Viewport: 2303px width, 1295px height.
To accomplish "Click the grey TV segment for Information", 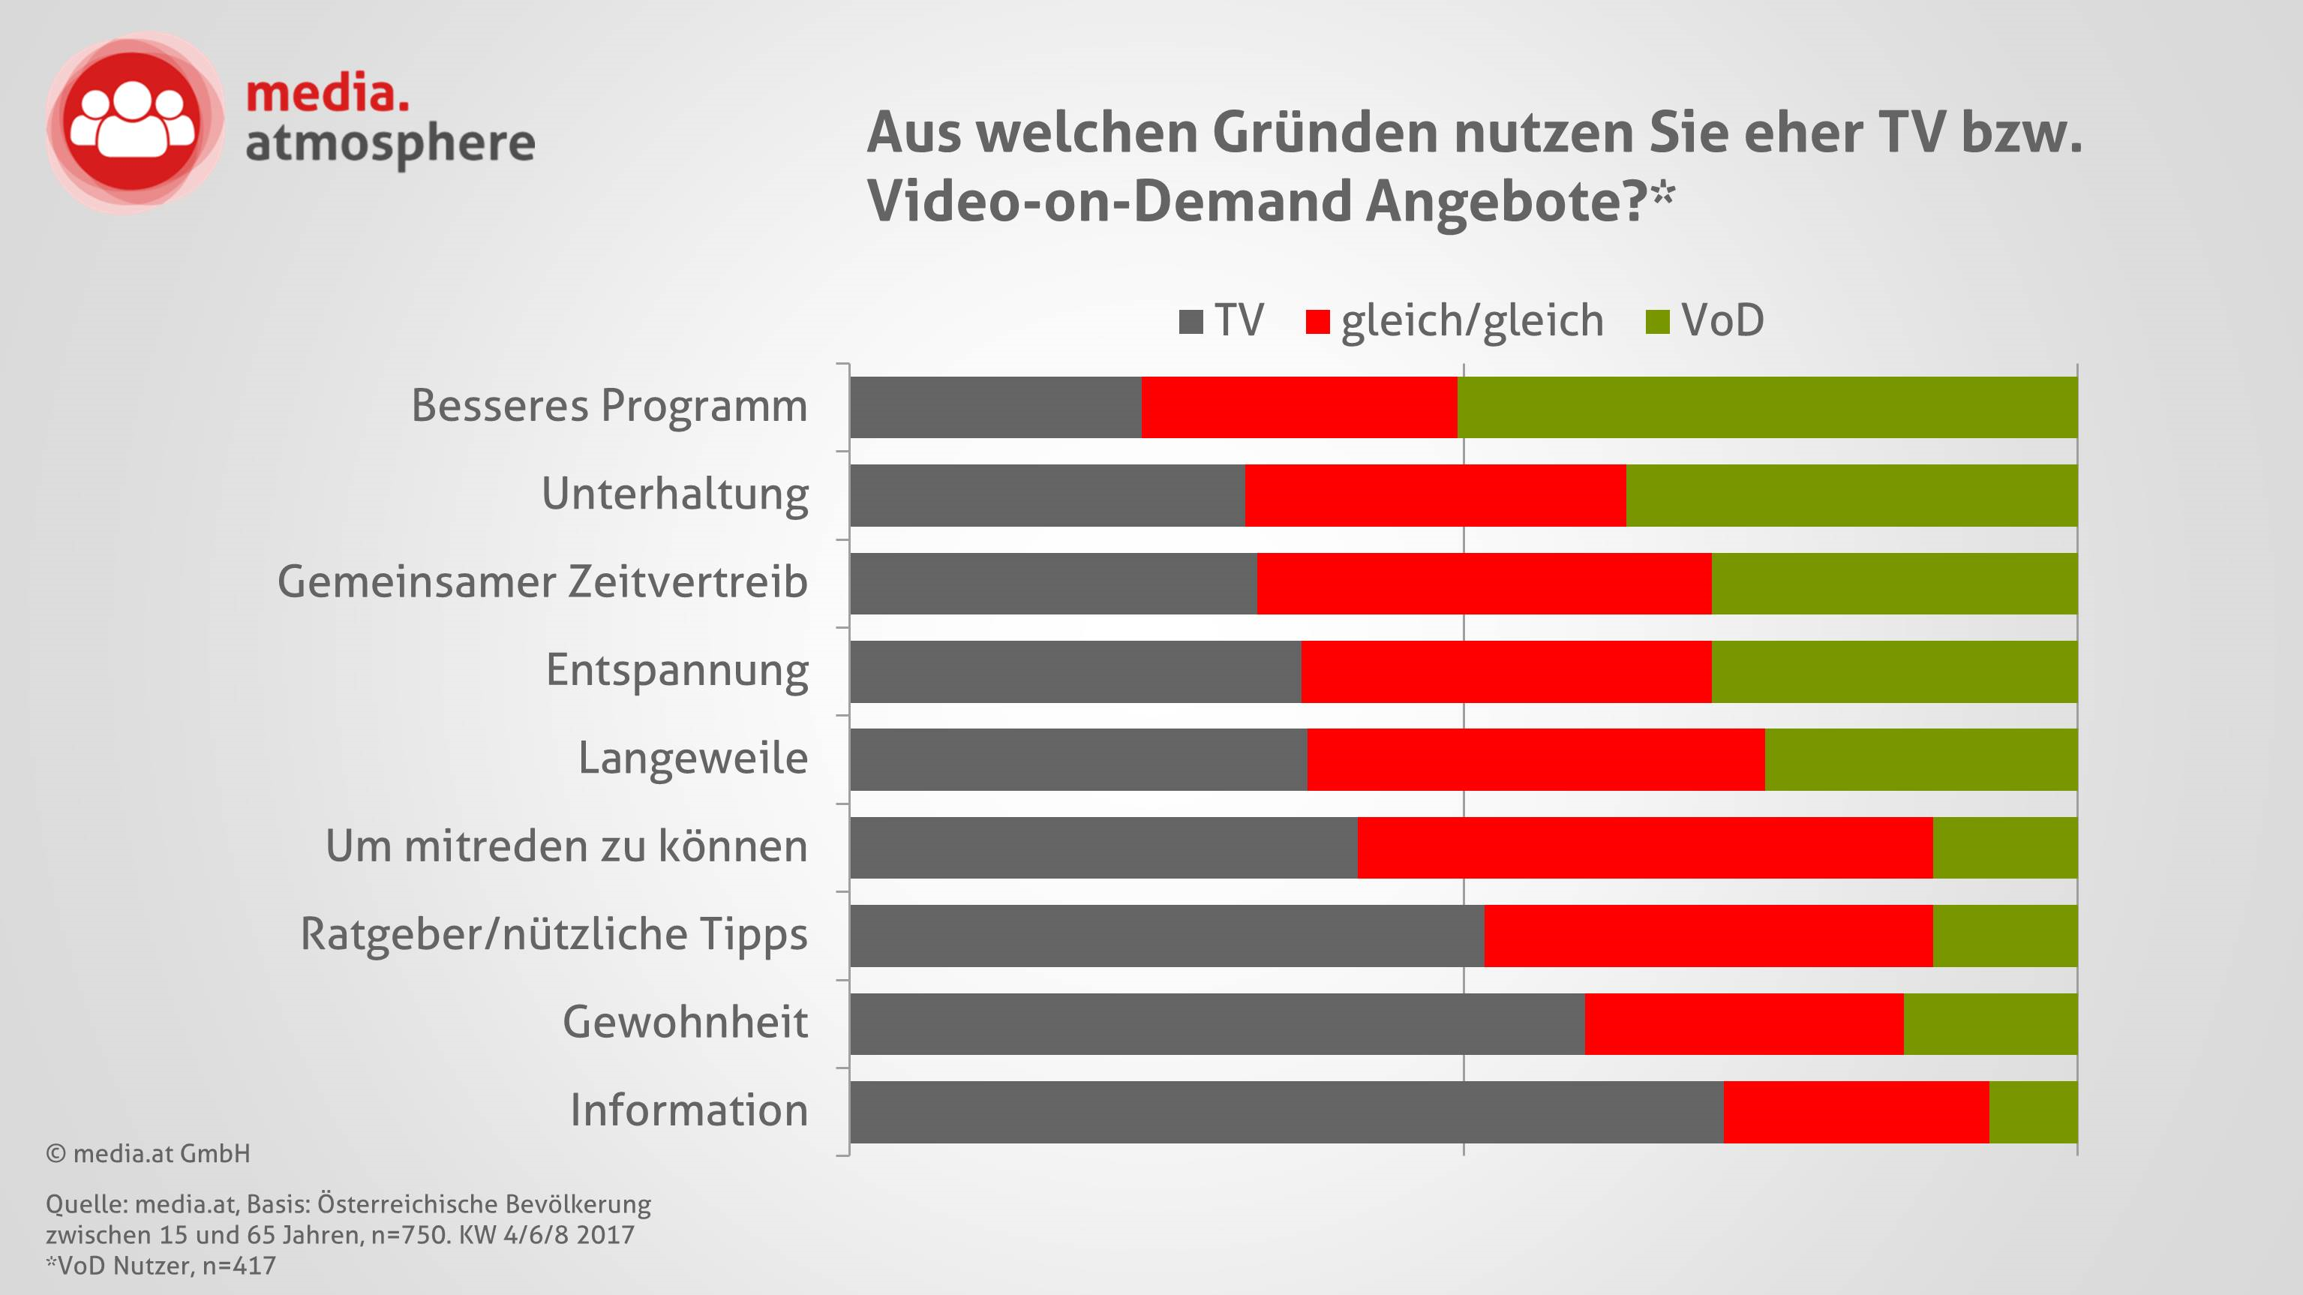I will point(1286,1112).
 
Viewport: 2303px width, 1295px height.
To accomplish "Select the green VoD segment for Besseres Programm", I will point(1767,407).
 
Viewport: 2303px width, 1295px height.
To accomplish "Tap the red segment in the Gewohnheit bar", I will point(1743,1023).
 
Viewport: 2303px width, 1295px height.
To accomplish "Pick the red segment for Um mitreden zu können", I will point(1644,847).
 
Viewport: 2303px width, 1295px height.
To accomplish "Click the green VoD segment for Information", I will point(2033,1112).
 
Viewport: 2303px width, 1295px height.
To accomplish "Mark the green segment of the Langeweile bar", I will point(1920,759).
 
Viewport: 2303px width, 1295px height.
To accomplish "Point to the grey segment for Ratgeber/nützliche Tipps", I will point(1167,936).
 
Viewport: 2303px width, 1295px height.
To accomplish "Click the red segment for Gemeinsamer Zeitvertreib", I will point(1483,583).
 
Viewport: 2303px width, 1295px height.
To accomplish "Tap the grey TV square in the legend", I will point(1191,321).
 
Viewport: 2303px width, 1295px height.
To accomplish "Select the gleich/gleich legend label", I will point(1472,320).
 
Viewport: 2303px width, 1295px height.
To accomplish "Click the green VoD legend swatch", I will point(1658,321).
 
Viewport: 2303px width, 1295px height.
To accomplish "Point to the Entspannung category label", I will point(677,671).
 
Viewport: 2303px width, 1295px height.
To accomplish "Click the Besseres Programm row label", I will point(609,406).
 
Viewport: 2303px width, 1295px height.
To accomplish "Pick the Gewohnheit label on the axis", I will point(685,1022).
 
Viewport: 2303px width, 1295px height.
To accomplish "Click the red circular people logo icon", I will point(134,122).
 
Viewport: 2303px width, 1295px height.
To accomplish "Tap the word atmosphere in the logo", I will point(390,144).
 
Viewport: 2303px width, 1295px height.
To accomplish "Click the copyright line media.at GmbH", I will point(149,1154).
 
